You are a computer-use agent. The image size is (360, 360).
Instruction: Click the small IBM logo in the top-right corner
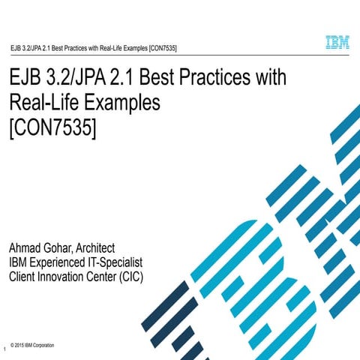(337, 43)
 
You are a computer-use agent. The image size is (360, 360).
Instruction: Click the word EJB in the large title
(28, 79)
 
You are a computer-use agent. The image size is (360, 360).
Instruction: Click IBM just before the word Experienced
(18, 262)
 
